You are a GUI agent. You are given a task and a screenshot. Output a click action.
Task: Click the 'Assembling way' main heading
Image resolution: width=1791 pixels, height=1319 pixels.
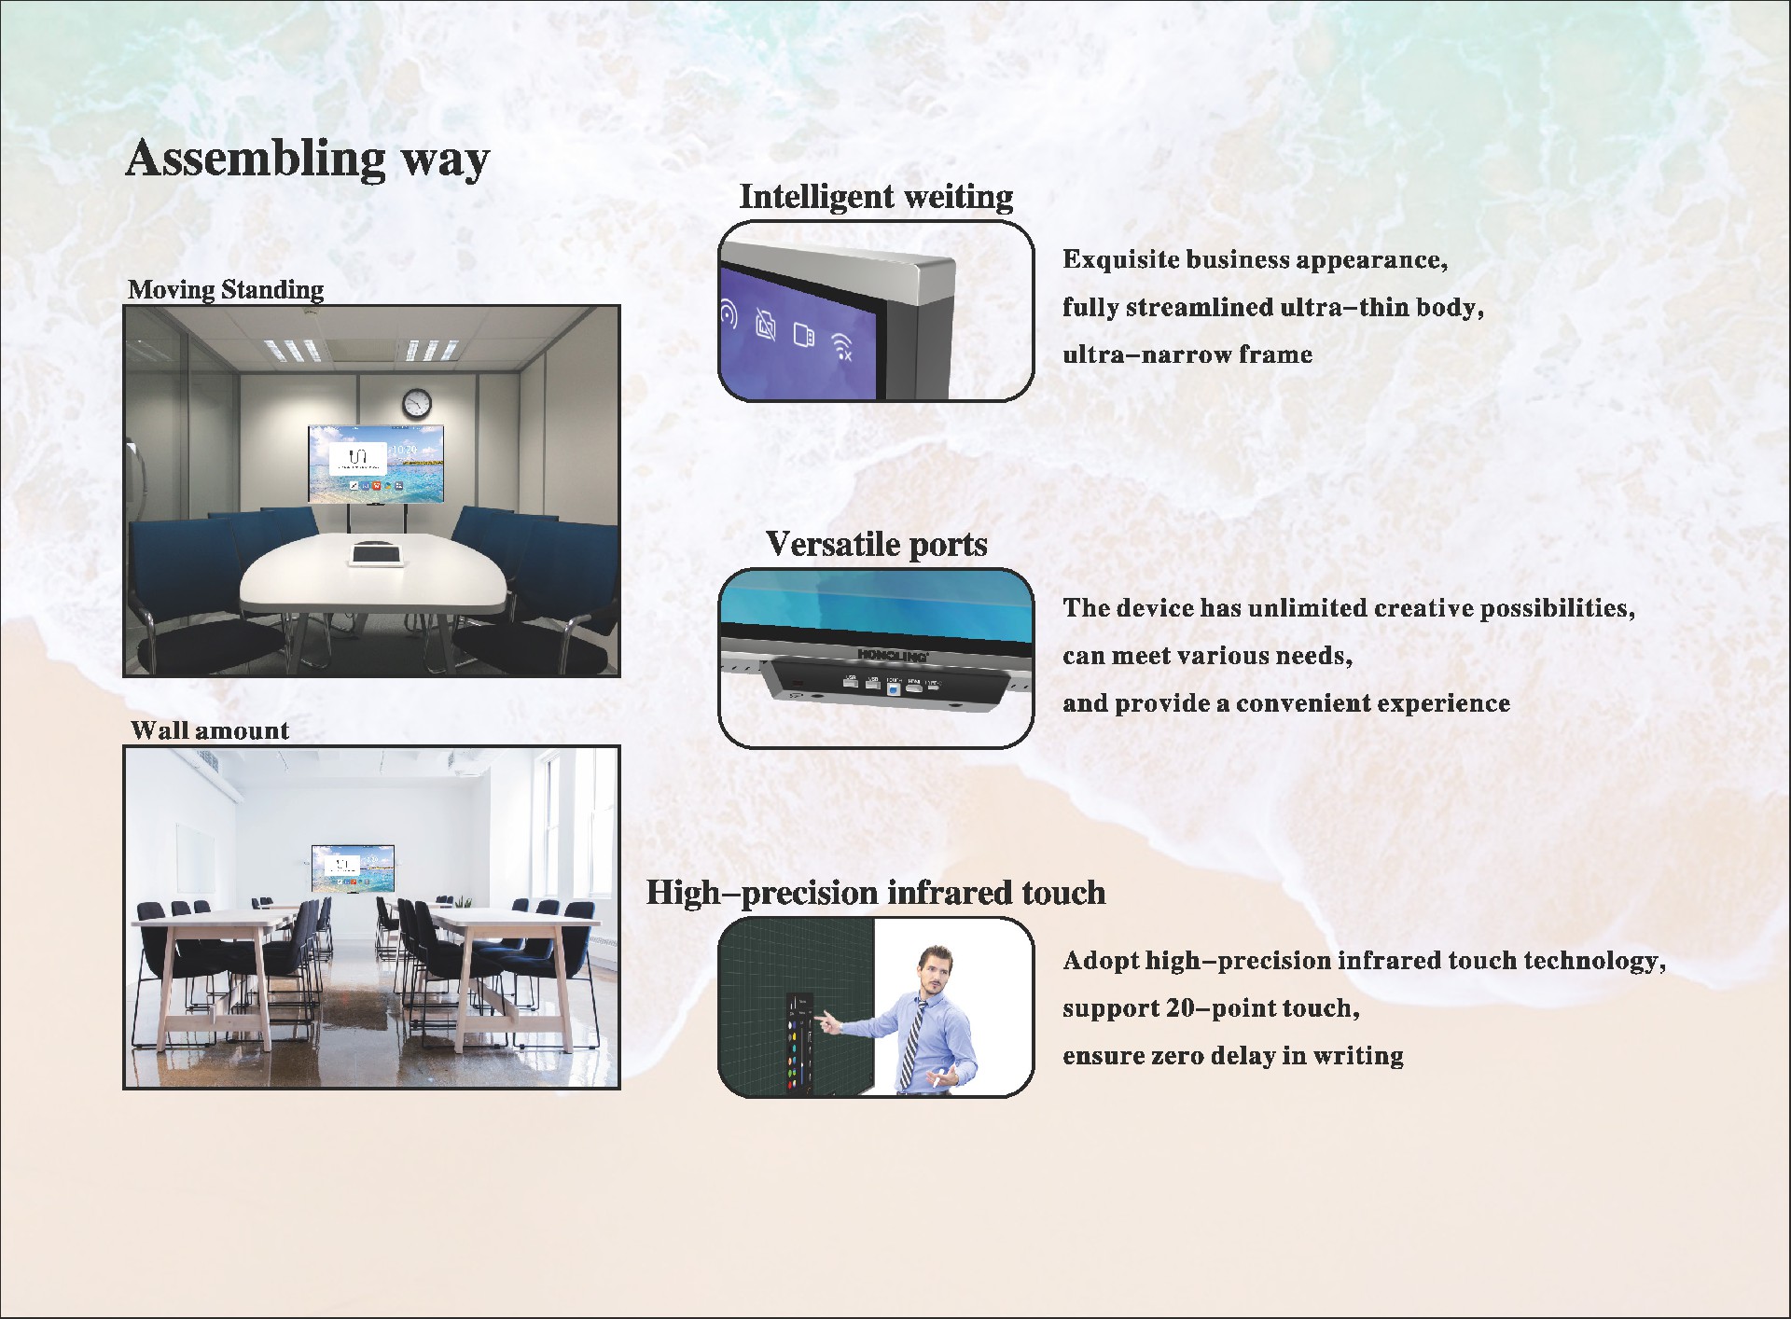point(307,158)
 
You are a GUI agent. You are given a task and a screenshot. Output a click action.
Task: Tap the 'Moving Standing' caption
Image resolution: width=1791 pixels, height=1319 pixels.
point(226,289)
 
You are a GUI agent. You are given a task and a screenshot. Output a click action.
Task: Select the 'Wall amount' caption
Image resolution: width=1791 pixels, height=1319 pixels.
point(210,730)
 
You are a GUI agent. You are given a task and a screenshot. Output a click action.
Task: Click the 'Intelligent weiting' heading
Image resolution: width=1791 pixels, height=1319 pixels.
point(876,197)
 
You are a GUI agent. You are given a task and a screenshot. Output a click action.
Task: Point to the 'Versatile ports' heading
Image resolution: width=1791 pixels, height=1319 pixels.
point(877,544)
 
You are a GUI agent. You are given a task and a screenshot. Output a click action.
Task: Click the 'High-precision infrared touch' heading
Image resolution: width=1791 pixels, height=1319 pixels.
point(876,893)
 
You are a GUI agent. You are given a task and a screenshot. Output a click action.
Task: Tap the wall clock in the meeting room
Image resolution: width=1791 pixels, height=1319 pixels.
point(417,403)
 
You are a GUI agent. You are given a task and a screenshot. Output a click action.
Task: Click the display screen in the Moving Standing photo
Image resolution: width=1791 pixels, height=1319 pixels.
point(376,464)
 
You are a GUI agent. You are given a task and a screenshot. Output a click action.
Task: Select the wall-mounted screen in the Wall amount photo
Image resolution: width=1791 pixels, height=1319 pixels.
point(353,868)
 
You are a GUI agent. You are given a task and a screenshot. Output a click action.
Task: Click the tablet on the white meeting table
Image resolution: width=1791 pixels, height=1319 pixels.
point(376,553)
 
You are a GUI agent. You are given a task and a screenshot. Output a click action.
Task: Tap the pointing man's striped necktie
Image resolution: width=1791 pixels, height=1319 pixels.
point(909,1043)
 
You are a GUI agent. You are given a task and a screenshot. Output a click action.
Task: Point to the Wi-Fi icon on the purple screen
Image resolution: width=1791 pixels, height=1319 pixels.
point(841,346)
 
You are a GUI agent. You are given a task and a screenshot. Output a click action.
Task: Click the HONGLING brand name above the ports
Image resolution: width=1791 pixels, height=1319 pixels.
point(893,655)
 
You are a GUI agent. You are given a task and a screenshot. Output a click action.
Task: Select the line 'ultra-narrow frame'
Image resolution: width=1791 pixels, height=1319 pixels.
point(1187,354)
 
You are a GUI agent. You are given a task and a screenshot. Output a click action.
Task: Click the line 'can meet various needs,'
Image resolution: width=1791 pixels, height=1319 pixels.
point(1208,656)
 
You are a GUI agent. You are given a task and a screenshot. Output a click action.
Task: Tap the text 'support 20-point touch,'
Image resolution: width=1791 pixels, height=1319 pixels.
point(1212,1008)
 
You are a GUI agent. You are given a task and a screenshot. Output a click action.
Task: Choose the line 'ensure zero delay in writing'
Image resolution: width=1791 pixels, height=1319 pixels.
point(1233,1056)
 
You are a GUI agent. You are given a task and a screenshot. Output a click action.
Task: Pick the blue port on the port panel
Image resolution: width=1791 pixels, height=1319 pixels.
point(894,689)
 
